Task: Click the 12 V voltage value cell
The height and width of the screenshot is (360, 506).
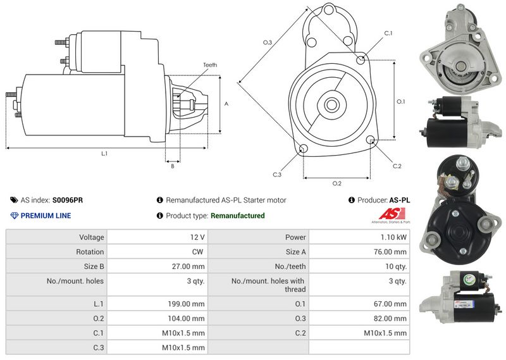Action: [197, 237]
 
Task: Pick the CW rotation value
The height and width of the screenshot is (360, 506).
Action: [199, 252]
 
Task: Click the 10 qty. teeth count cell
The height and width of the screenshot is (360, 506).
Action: [396, 266]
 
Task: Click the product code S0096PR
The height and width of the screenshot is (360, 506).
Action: [67, 200]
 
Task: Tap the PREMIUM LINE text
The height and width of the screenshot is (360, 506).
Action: [46, 216]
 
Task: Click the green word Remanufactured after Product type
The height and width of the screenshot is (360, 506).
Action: [237, 216]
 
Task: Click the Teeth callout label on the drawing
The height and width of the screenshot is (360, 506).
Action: [210, 65]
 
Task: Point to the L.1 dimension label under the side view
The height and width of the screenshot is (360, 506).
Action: [104, 153]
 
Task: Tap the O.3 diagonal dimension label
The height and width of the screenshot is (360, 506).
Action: [268, 42]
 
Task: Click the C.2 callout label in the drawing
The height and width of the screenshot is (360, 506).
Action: [397, 166]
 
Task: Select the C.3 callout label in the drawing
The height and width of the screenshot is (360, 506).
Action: [277, 174]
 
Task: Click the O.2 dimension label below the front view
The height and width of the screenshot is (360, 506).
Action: [336, 183]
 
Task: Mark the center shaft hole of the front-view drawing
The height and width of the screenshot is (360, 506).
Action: [331, 104]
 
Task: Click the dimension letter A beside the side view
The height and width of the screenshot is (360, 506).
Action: [226, 103]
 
